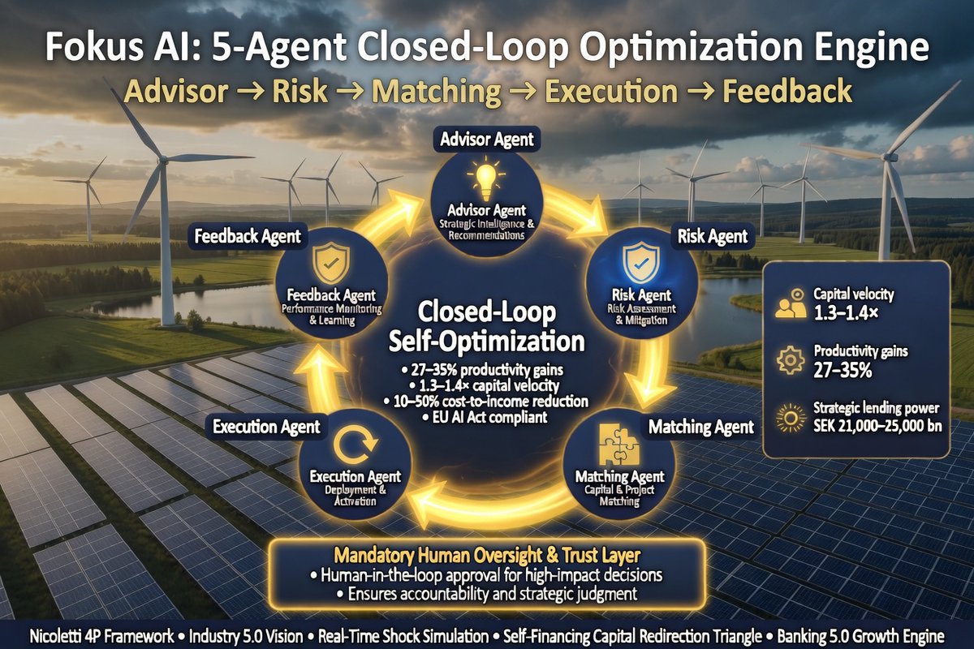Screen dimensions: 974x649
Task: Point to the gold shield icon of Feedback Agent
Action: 331,263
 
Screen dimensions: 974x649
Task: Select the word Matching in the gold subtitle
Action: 436,92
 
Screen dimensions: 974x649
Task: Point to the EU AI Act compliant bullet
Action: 485,418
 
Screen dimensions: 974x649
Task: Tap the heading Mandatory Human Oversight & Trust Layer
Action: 487,555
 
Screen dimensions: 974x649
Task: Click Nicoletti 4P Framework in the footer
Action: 101,637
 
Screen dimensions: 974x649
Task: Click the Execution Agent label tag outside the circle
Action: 266,427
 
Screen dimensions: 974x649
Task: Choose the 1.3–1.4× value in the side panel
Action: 846,313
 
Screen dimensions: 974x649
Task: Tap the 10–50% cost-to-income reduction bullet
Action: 485,402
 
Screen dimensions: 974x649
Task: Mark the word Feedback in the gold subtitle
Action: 787,92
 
